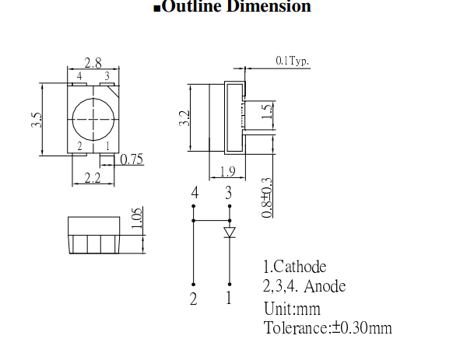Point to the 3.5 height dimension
tap(37, 121)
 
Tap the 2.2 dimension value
tap(92, 179)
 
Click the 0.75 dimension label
tap(132, 160)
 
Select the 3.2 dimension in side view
tap(184, 118)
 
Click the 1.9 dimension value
tap(226, 173)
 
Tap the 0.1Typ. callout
tap(292, 60)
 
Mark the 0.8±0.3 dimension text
tap(267, 197)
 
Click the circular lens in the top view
tap(93, 117)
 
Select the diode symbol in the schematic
tap(229, 232)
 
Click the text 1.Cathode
tap(295, 267)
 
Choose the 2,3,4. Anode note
tap(304, 287)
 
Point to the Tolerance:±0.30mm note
tap(328, 327)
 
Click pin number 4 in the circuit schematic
tap(195, 194)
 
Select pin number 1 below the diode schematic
tap(228, 298)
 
